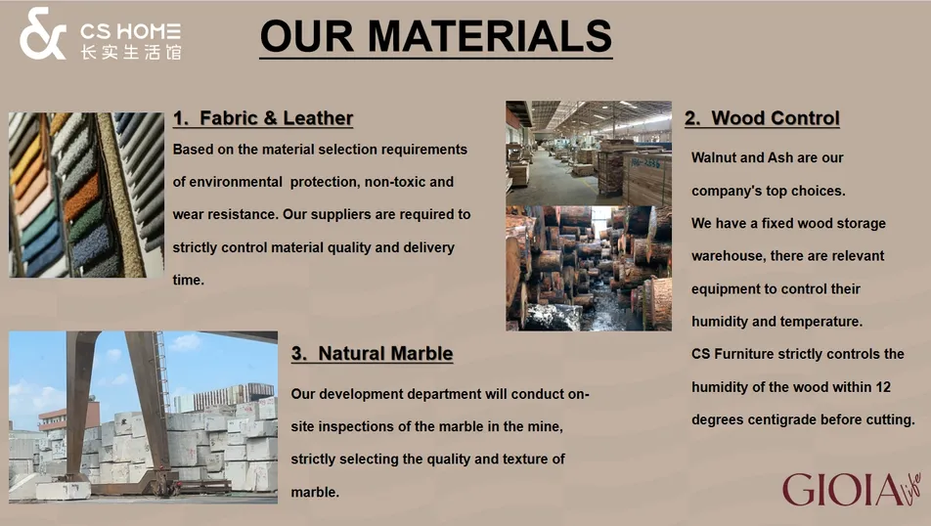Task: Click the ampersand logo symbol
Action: (x=43, y=33)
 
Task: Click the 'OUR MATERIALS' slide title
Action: (x=436, y=36)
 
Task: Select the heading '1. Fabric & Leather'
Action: (x=263, y=118)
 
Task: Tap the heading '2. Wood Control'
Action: (x=762, y=118)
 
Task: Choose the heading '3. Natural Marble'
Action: (x=372, y=353)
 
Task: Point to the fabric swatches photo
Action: (x=86, y=195)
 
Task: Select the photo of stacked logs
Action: (x=588, y=268)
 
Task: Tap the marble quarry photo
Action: (x=143, y=416)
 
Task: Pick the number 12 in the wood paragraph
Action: (x=882, y=387)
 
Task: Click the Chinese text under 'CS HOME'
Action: (x=130, y=51)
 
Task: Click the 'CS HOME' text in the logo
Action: (x=130, y=29)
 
